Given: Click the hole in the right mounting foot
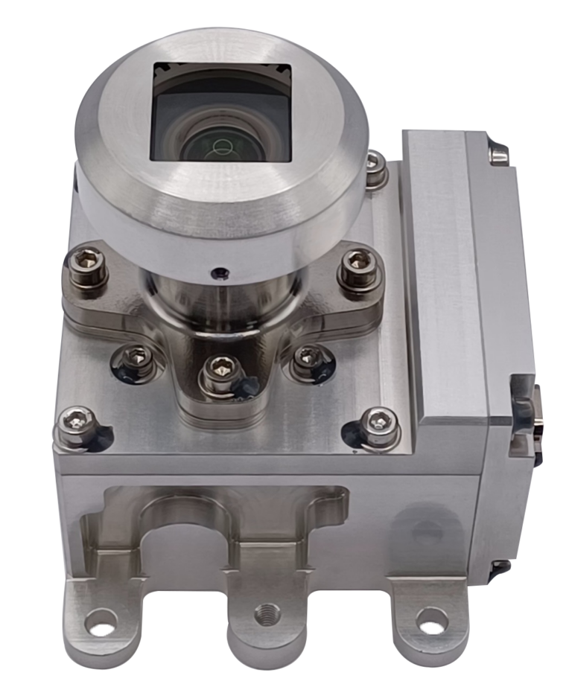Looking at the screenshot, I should (x=428, y=617).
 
